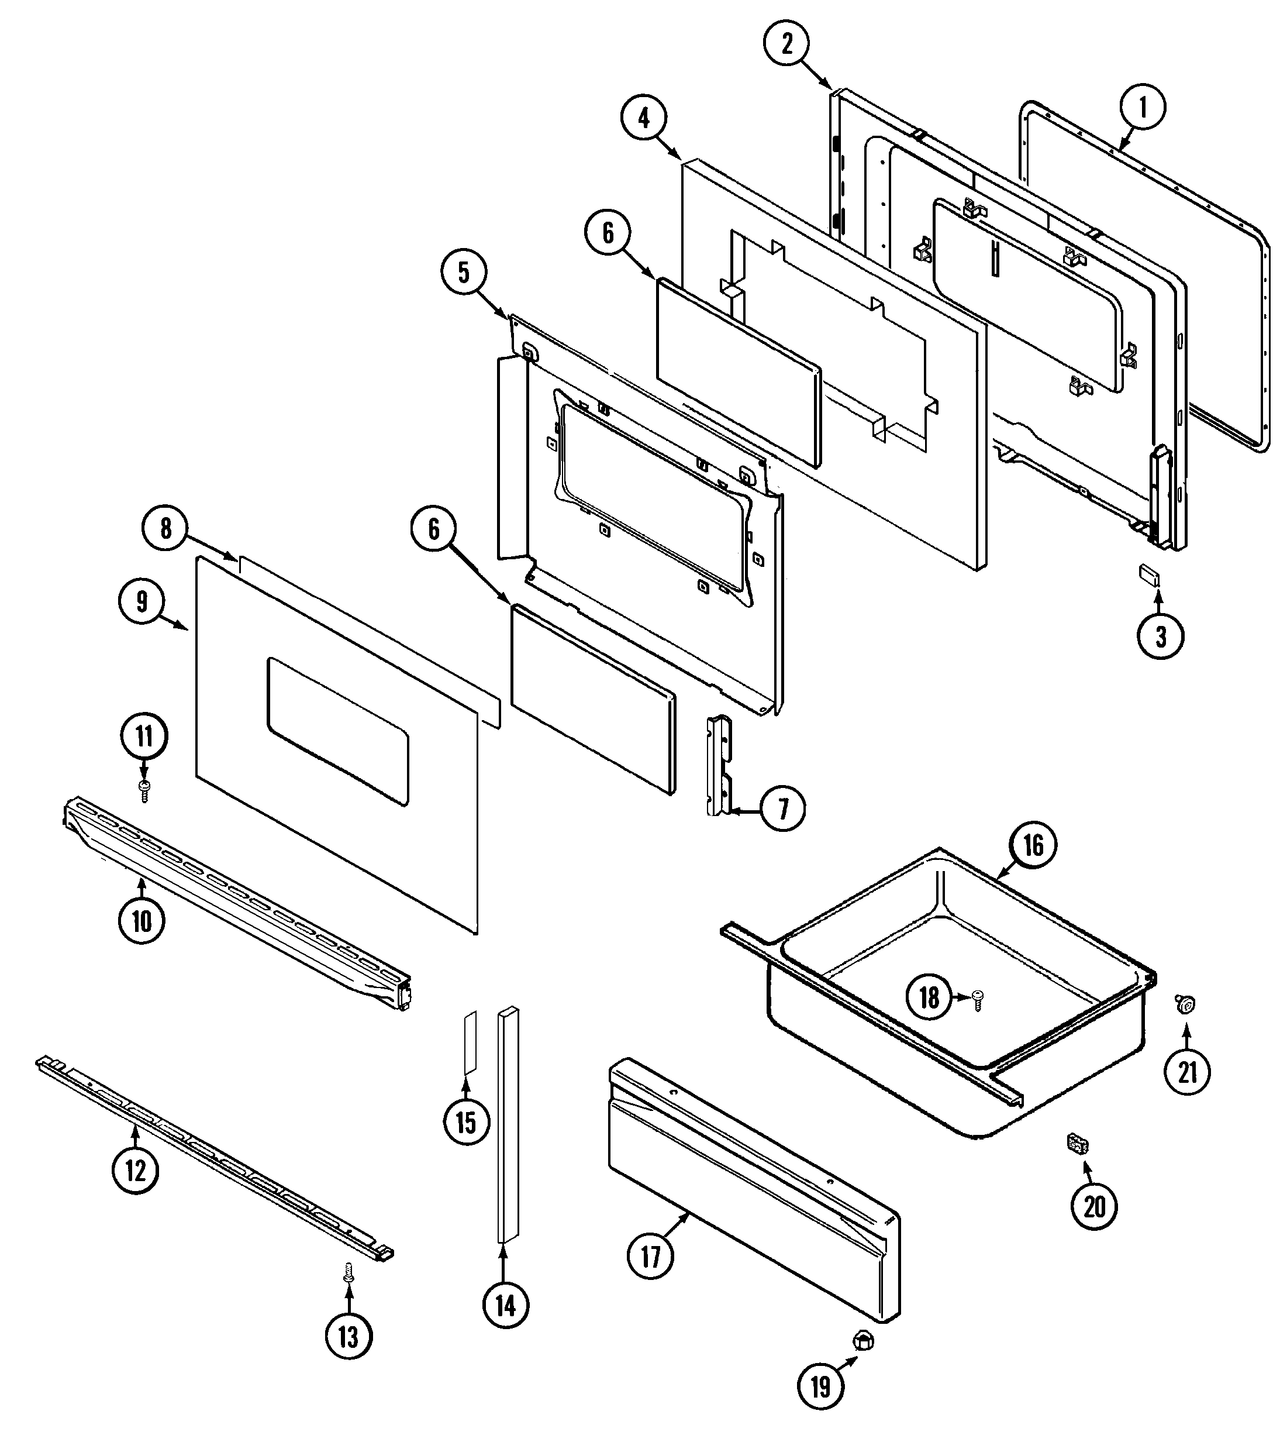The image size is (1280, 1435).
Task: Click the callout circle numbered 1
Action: pos(1142,107)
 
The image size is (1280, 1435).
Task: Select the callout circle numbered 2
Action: pos(787,44)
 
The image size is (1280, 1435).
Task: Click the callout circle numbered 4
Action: pos(644,118)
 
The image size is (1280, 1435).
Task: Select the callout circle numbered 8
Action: pos(165,528)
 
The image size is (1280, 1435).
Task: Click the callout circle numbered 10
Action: pos(142,920)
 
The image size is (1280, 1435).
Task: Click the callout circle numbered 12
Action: pos(135,1171)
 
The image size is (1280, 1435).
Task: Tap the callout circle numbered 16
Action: pos(1033,845)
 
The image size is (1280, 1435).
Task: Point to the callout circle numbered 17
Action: pos(651,1257)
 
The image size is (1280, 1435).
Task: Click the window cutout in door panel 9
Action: pos(337,732)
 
